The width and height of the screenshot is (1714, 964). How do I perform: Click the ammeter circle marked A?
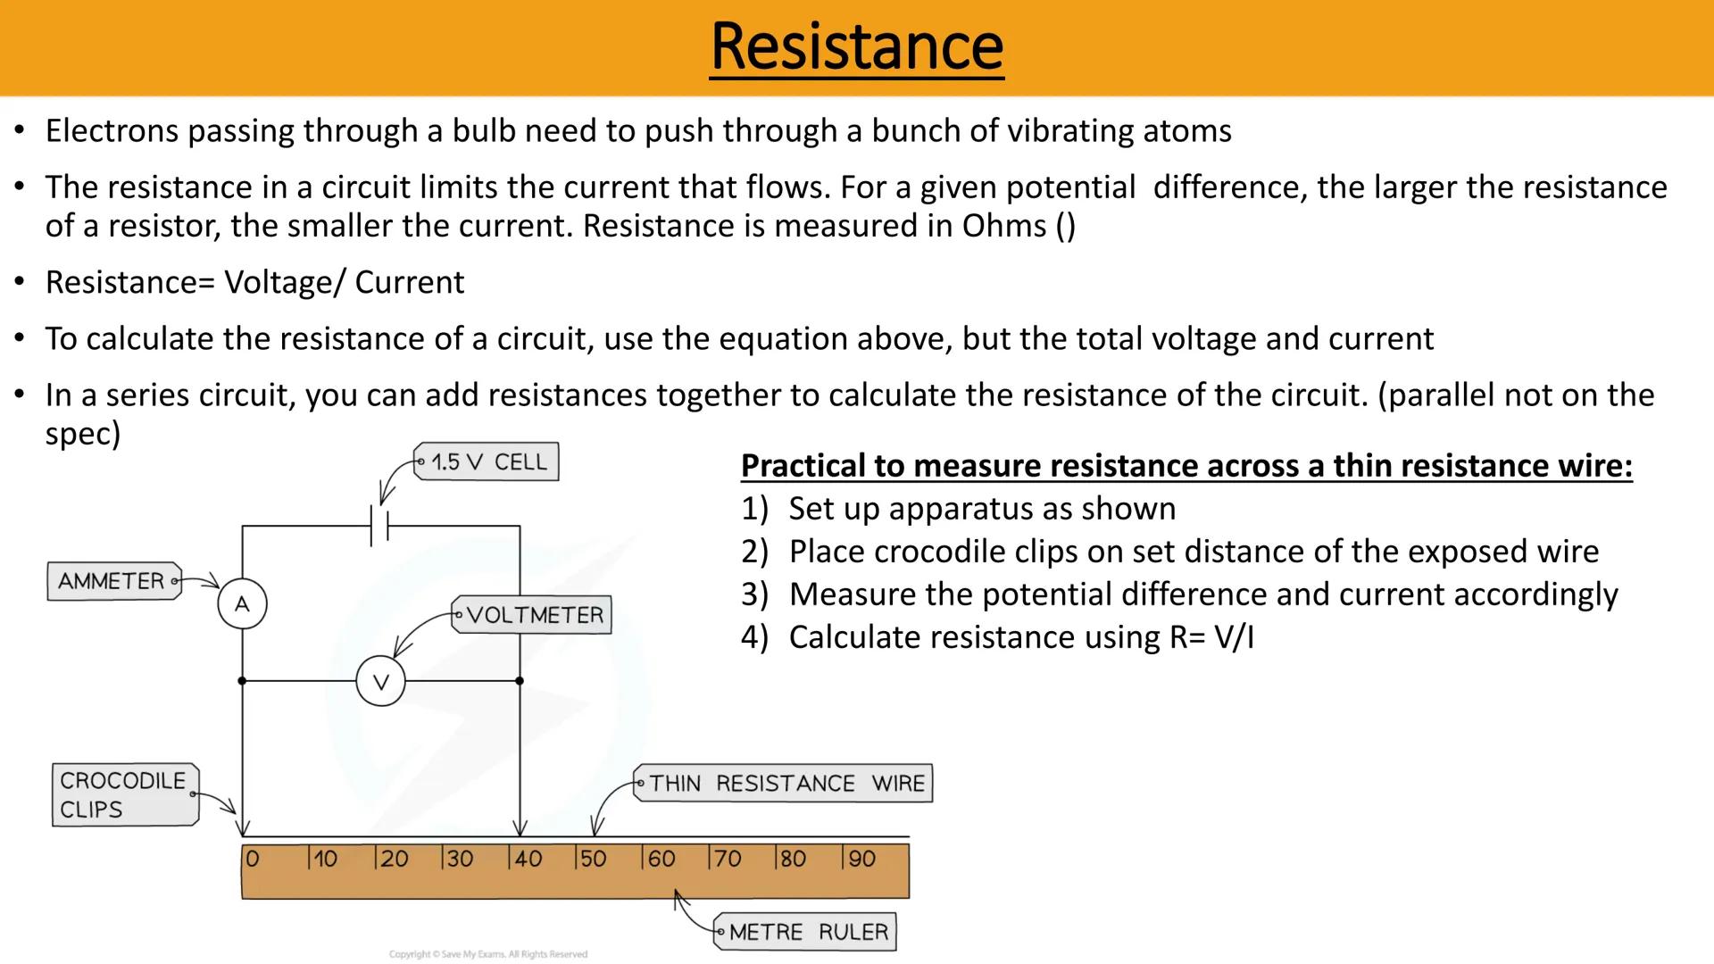[x=242, y=604]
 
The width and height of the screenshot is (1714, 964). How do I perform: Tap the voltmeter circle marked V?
[x=380, y=682]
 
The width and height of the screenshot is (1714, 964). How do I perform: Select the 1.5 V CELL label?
[x=487, y=462]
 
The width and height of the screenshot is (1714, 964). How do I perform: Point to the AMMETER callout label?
[x=112, y=581]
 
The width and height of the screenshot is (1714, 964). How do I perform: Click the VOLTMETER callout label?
[x=533, y=615]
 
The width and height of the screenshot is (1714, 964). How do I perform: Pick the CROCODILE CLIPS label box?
[x=123, y=794]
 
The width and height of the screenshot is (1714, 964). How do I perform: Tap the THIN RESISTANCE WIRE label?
[x=785, y=784]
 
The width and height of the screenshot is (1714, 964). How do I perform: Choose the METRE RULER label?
[x=807, y=932]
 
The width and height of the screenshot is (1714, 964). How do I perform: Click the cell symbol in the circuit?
[x=380, y=526]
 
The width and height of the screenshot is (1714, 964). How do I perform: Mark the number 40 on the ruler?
[x=528, y=859]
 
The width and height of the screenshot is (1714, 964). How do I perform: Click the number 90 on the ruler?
[x=861, y=859]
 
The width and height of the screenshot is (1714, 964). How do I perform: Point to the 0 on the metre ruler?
[x=253, y=859]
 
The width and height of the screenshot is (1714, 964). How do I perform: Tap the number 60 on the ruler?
[x=661, y=859]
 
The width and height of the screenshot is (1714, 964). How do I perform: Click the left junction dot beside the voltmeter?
[x=242, y=681]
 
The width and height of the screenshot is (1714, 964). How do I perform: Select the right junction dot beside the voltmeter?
[x=520, y=681]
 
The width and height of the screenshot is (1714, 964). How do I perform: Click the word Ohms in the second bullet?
[x=1003, y=226]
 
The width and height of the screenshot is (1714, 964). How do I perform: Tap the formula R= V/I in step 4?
[x=1211, y=637]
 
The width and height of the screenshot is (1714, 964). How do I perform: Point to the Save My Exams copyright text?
[x=488, y=954]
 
